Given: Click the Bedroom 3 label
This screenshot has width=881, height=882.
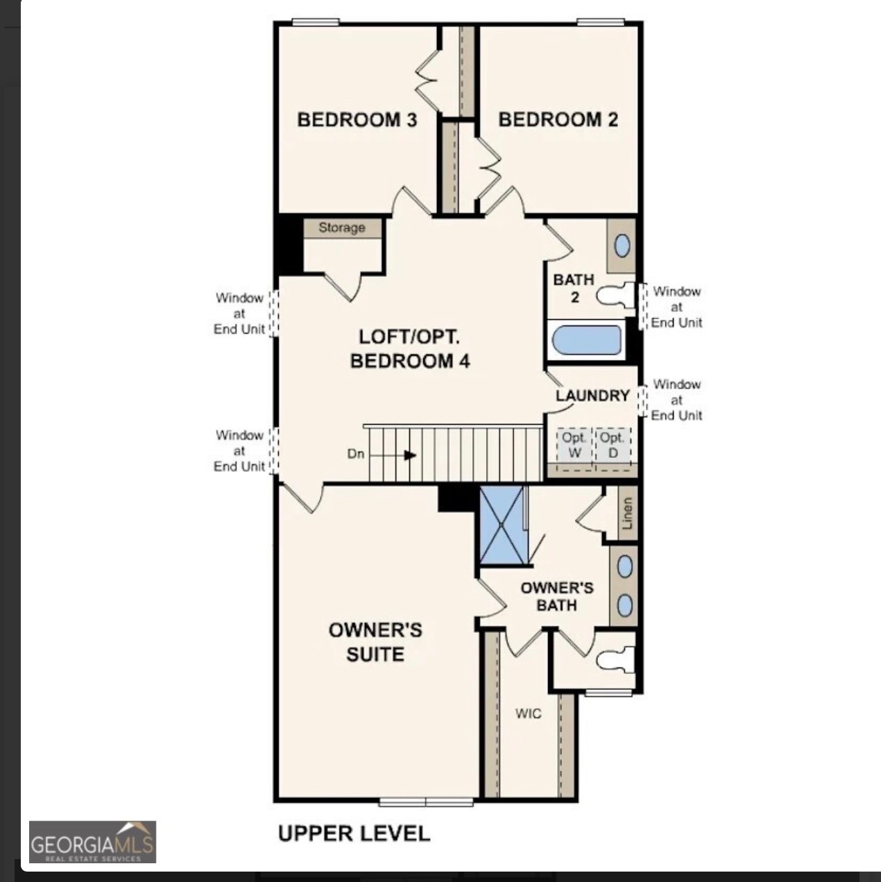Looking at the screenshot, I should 357,119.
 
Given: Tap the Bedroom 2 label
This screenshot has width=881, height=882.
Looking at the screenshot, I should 558,119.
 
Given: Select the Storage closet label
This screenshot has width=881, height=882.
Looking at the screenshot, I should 341,228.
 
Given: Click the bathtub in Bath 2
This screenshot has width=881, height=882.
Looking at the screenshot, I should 587,341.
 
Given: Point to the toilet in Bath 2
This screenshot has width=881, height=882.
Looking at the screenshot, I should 617,296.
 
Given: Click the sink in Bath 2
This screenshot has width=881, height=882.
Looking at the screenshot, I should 622,246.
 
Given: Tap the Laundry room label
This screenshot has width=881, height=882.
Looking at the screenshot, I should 592,396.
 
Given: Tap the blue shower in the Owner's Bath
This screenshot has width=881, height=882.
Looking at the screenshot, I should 502,525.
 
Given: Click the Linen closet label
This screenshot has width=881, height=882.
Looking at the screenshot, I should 627,514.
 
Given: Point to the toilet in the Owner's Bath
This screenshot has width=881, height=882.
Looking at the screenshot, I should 617,659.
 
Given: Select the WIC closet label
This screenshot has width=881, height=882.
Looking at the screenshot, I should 528,713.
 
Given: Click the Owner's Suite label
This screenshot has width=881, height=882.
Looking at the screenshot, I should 375,642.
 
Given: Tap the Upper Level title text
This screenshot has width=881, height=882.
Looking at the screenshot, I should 354,833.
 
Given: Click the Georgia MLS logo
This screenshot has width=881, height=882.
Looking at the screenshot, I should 92,842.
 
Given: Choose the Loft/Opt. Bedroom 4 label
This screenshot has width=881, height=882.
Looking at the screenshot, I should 409,349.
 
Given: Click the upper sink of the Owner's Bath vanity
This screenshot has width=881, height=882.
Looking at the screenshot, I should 624,567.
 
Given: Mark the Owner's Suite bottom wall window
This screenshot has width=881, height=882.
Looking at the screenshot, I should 426,802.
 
